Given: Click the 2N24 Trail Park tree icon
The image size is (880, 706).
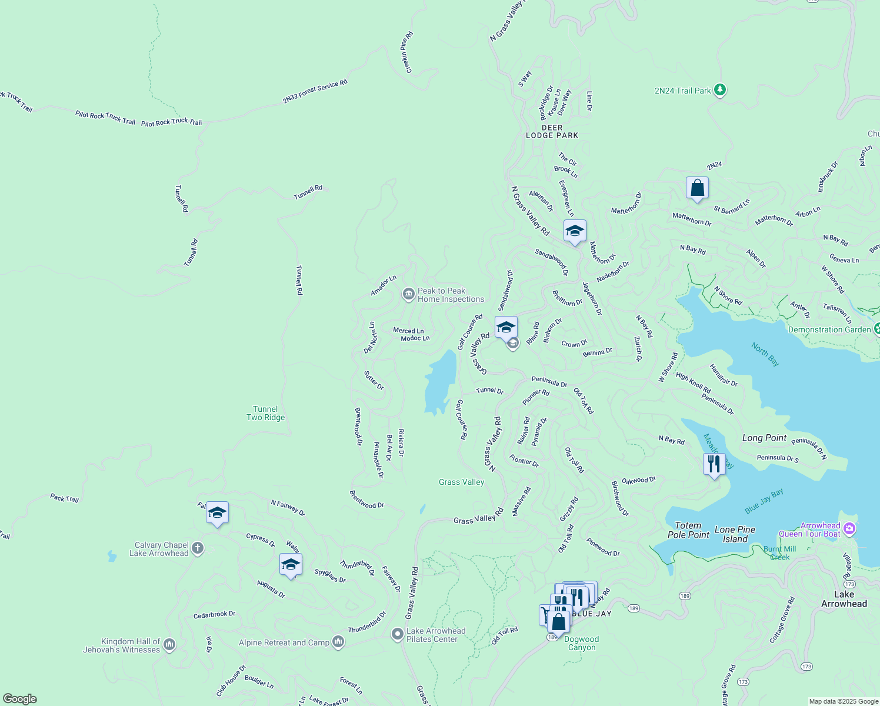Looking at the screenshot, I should point(719,90).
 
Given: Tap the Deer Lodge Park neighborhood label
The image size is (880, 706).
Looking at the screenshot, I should point(552,131).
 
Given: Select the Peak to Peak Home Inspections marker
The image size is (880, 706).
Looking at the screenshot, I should point(408,295).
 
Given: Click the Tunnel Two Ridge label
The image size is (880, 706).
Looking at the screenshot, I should point(265,413).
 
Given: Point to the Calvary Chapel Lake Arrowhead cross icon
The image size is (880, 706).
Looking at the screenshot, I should point(198,549).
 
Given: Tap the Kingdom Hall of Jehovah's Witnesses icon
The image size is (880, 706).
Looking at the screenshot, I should point(169,645).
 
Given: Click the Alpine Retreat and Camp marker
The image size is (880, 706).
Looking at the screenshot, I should point(338,642).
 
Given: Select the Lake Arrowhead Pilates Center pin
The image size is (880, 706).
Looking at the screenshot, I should point(398,635).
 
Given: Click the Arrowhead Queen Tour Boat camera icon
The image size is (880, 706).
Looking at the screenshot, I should point(849,529).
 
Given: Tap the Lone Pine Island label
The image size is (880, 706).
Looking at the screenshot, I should point(735,534).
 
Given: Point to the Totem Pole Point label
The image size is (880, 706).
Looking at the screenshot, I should point(688,530).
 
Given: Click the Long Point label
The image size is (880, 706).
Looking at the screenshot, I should point(764,438).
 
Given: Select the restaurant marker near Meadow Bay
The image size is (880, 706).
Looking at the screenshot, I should point(714,464).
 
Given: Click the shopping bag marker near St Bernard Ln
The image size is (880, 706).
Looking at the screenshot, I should point(697,188).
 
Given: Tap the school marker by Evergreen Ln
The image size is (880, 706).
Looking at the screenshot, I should point(575,231).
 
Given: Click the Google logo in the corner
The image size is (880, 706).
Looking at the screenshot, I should point(20,698).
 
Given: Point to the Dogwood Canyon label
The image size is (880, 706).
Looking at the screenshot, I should point(582,643).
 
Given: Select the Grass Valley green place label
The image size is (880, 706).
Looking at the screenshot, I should point(461,482).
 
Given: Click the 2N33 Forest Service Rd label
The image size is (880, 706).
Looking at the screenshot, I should point(315,92).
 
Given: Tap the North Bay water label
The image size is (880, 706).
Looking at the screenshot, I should point(765,354).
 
